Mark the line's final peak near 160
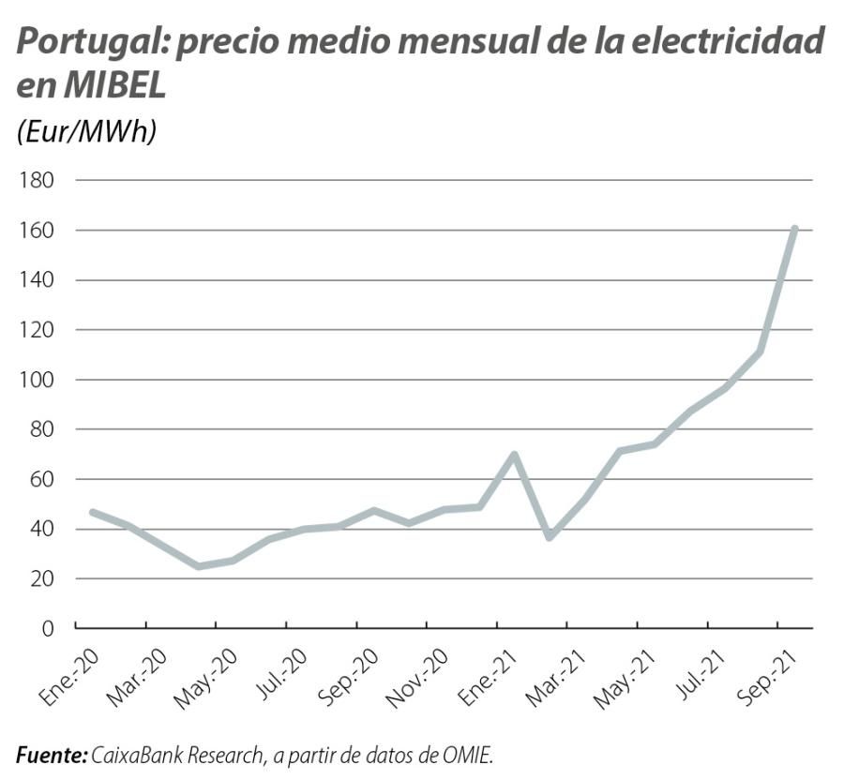click(x=794, y=228)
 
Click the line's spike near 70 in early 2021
click(x=514, y=455)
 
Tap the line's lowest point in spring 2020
click(x=198, y=566)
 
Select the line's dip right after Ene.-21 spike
click(x=550, y=537)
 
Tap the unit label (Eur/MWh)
click(x=85, y=132)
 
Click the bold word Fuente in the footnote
click(x=52, y=754)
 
